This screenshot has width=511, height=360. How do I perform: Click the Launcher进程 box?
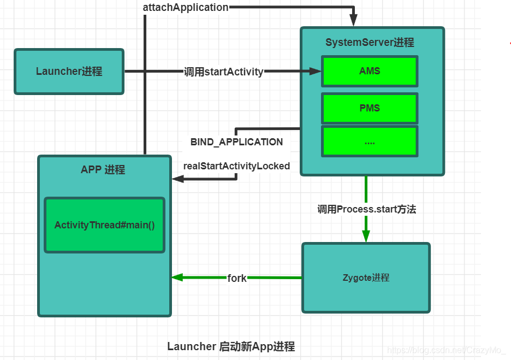pyautogui.click(x=69, y=72)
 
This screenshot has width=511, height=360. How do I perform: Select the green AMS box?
pyautogui.click(x=370, y=71)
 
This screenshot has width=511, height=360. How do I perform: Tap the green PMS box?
pyautogui.click(x=370, y=108)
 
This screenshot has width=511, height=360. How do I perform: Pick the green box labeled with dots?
pyautogui.click(x=370, y=141)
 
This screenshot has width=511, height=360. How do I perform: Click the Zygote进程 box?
pyautogui.click(x=366, y=278)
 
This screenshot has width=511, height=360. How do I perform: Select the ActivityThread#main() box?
pyautogui.click(x=104, y=225)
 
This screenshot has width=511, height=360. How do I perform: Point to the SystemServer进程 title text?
pyautogui.click(x=370, y=43)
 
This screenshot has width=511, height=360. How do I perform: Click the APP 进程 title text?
pyautogui.click(x=103, y=170)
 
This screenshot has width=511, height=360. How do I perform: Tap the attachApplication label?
pyautogui.click(x=186, y=8)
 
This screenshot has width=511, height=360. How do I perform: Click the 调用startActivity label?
pyautogui.click(x=223, y=72)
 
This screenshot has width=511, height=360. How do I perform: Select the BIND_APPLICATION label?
pyautogui.click(x=236, y=142)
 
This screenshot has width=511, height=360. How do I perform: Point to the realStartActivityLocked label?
pyautogui.click(x=236, y=166)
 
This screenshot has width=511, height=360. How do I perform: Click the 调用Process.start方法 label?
pyautogui.click(x=366, y=209)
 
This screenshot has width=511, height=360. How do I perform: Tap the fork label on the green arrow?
pyautogui.click(x=237, y=278)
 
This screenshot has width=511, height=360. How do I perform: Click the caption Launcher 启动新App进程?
pyautogui.click(x=231, y=346)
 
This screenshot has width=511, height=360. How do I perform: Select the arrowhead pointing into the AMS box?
pyautogui.click(x=315, y=71)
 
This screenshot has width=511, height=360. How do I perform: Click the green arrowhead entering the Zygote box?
pyautogui.click(x=366, y=236)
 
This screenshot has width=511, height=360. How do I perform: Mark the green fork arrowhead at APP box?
pyautogui.click(x=177, y=278)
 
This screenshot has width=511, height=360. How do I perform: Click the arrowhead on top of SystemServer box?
pyautogui.click(x=354, y=21)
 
